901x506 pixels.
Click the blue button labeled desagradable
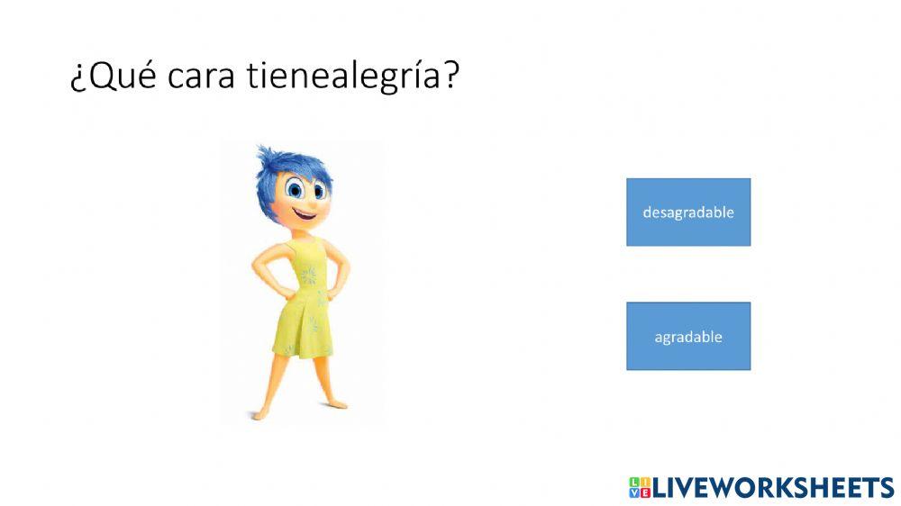pos(688,212)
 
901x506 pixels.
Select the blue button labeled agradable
pos(688,337)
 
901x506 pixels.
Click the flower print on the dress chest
pos(309,275)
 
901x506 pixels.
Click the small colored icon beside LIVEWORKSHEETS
pos(639,487)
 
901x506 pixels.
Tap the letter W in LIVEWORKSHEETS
pos(729,487)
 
